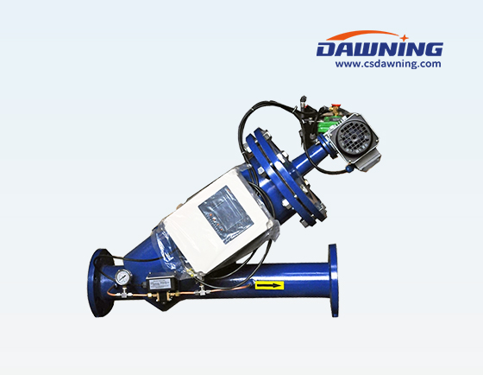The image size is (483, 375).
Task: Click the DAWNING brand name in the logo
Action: click(x=379, y=49)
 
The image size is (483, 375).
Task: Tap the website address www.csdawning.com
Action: click(x=388, y=64)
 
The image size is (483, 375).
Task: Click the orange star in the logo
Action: click(x=405, y=38)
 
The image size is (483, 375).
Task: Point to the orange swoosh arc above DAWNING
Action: click(x=363, y=34)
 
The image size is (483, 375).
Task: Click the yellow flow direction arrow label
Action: click(x=269, y=285)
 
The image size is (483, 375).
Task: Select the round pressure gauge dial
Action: click(x=122, y=276)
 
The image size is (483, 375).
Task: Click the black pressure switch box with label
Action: click(x=159, y=283)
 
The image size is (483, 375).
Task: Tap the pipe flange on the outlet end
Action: click(x=333, y=280)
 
